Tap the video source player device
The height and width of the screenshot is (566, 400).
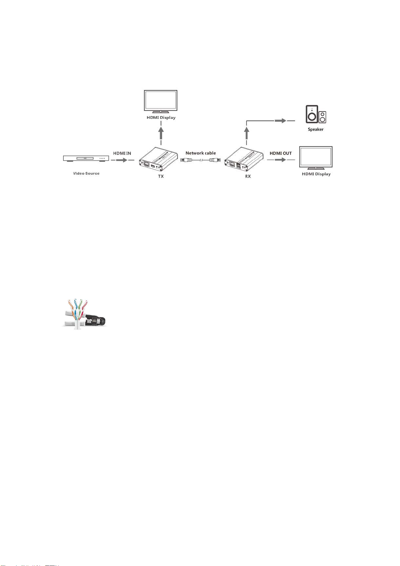coord(86,158)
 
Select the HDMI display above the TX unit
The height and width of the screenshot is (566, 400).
coord(161,101)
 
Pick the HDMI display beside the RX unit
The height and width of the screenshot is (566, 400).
coord(316,157)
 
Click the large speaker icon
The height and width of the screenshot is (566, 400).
coord(312,114)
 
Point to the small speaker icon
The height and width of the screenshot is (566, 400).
coord(322,117)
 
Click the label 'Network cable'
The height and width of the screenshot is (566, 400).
coord(201,153)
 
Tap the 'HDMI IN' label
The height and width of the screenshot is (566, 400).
coord(122,153)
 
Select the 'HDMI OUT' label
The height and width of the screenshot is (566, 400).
coord(281,153)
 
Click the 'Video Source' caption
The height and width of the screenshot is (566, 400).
coord(86,173)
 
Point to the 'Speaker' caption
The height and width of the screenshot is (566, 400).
coord(315,129)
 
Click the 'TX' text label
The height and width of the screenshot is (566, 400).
coord(161,176)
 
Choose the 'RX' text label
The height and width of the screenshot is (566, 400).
coord(248,176)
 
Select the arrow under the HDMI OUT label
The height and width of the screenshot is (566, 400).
coord(281,160)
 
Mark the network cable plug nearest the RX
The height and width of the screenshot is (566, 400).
coord(214,160)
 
